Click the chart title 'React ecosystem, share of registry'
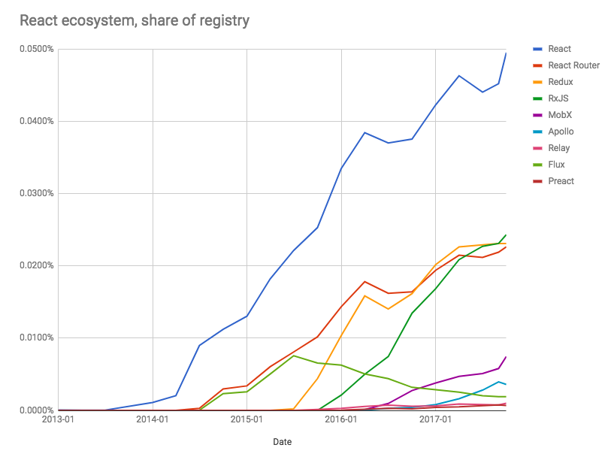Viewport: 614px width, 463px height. coord(135,20)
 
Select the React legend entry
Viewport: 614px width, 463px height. coord(559,49)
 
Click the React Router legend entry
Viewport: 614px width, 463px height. coord(573,65)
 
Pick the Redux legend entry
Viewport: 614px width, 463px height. coord(561,82)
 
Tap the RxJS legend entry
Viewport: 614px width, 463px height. coord(559,98)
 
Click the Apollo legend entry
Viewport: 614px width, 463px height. coord(561,132)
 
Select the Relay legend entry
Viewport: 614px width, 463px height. coord(559,148)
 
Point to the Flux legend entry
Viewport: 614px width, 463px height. coord(557,165)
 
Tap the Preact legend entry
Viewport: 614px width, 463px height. coord(561,181)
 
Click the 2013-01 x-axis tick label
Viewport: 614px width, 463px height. coord(59,419)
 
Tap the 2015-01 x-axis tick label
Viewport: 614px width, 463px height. coord(247,419)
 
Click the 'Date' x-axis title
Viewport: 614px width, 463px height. coord(282,442)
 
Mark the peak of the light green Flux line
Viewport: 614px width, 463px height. coord(294,356)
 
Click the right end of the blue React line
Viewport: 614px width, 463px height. coord(506,53)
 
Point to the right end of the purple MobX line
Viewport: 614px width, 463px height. coord(506,357)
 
